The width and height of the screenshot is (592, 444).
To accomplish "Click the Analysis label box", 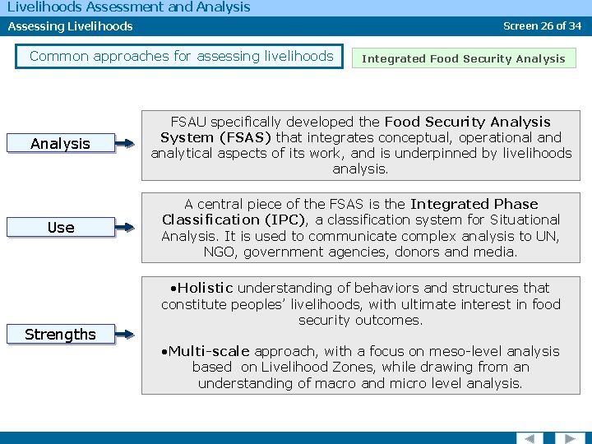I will [x=60, y=144].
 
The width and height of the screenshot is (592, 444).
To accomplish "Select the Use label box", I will [x=60, y=228].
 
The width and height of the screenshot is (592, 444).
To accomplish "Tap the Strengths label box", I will [x=60, y=335].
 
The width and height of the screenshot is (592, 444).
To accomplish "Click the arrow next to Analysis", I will [x=125, y=145].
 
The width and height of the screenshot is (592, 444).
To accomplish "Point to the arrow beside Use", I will [x=125, y=229].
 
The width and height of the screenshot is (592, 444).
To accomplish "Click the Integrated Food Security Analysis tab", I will [x=464, y=58].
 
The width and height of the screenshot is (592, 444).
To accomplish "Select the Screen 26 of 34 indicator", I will [x=542, y=25].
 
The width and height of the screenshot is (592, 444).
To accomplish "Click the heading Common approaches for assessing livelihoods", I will [x=181, y=57].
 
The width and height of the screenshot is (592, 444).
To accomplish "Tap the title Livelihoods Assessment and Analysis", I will [x=128, y=7].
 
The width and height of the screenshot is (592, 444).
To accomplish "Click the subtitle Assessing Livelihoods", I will [x=70, y=26].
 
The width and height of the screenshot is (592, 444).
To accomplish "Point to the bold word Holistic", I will [x=206, y=289].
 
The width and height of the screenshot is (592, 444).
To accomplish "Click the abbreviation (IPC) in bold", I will [x=291, y=220].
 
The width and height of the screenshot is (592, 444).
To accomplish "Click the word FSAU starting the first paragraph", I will [x=189, y=123].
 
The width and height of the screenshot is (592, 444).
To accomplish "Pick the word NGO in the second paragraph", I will [x=220, y=252].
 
